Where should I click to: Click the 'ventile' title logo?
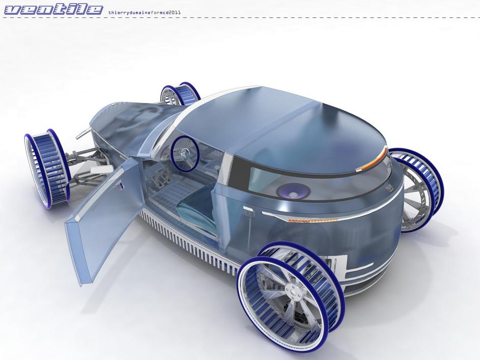(x=54, y=10)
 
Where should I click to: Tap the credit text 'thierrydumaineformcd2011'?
(x=145, y=13)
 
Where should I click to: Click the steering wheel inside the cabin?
(x=185, y=153)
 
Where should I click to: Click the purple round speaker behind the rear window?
(x=293, y=192)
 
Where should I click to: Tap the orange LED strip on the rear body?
(x=312, y=220)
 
